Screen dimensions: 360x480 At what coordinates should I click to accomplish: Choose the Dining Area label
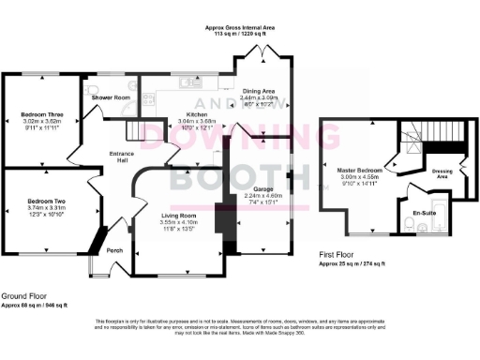pos(260,91)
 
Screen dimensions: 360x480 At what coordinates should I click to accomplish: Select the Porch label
pos(114,250)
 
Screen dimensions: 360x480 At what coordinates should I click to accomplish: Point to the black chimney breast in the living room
pos(220,226)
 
